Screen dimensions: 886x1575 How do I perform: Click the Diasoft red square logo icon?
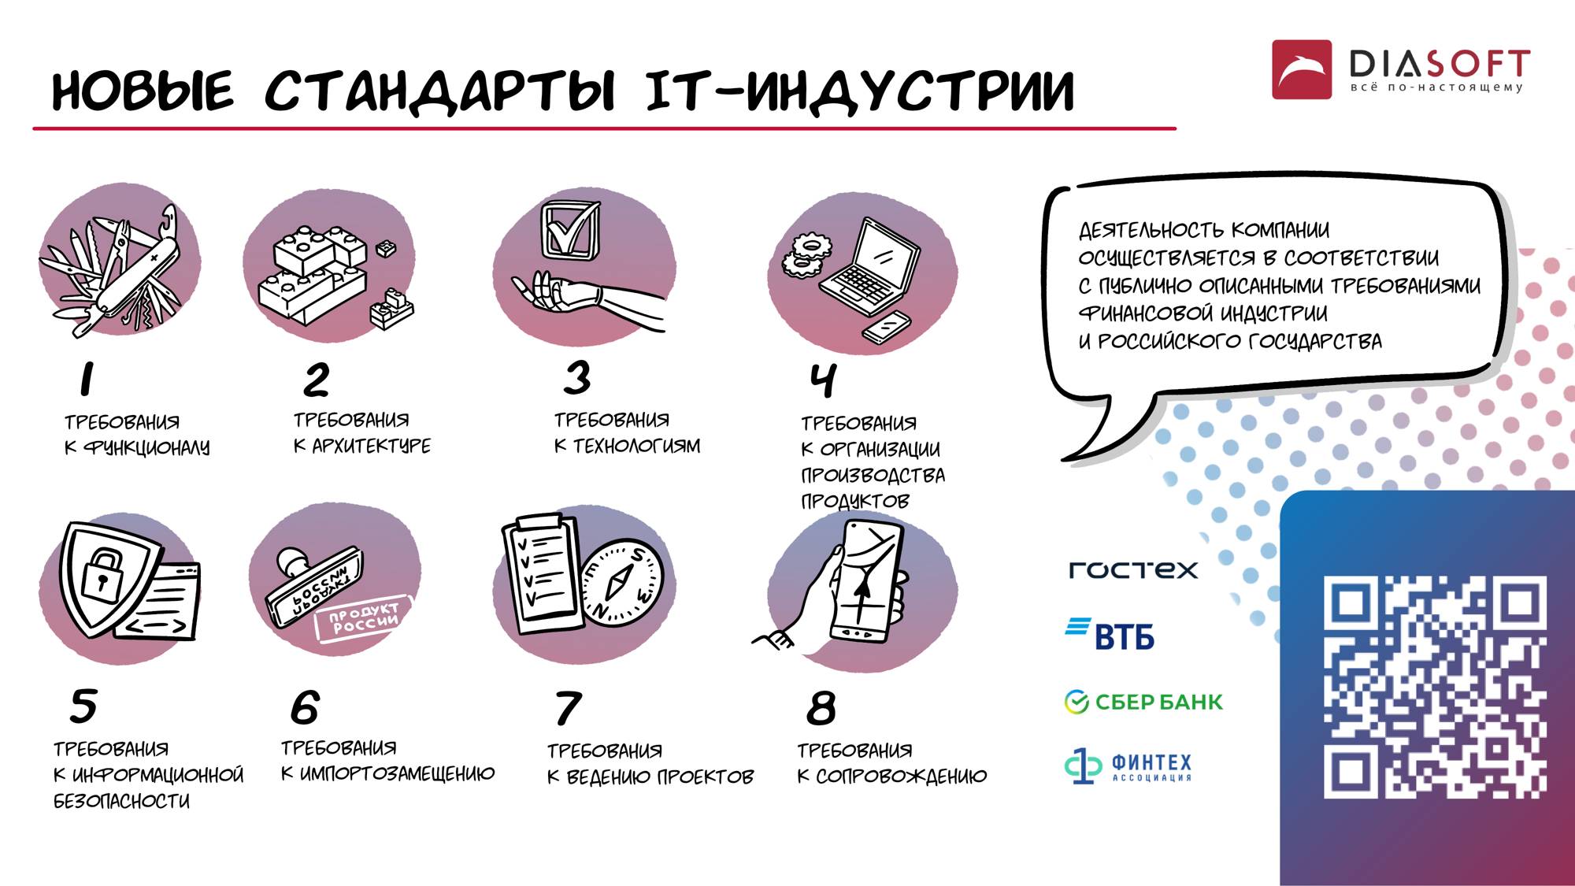[1301, 69]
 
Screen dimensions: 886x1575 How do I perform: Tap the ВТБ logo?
[1110, 635]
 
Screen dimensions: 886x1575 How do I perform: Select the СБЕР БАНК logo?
[1143, 701]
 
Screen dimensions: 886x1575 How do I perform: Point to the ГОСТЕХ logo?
[1133, 569]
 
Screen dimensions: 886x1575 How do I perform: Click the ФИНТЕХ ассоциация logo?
[1128, 766]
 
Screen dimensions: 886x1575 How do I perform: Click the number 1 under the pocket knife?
[87, 379]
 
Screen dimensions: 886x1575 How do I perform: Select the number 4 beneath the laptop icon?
[823, 380]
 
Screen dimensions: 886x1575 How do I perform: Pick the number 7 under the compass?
[568, 708]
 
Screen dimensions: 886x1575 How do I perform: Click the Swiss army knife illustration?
[118, 268]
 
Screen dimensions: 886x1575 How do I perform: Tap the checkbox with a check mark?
[569, 229]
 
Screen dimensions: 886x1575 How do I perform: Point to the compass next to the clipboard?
[622, 583]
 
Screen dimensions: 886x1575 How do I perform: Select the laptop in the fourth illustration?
[870, 272]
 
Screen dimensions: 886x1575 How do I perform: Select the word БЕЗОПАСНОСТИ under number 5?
[121, 801]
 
